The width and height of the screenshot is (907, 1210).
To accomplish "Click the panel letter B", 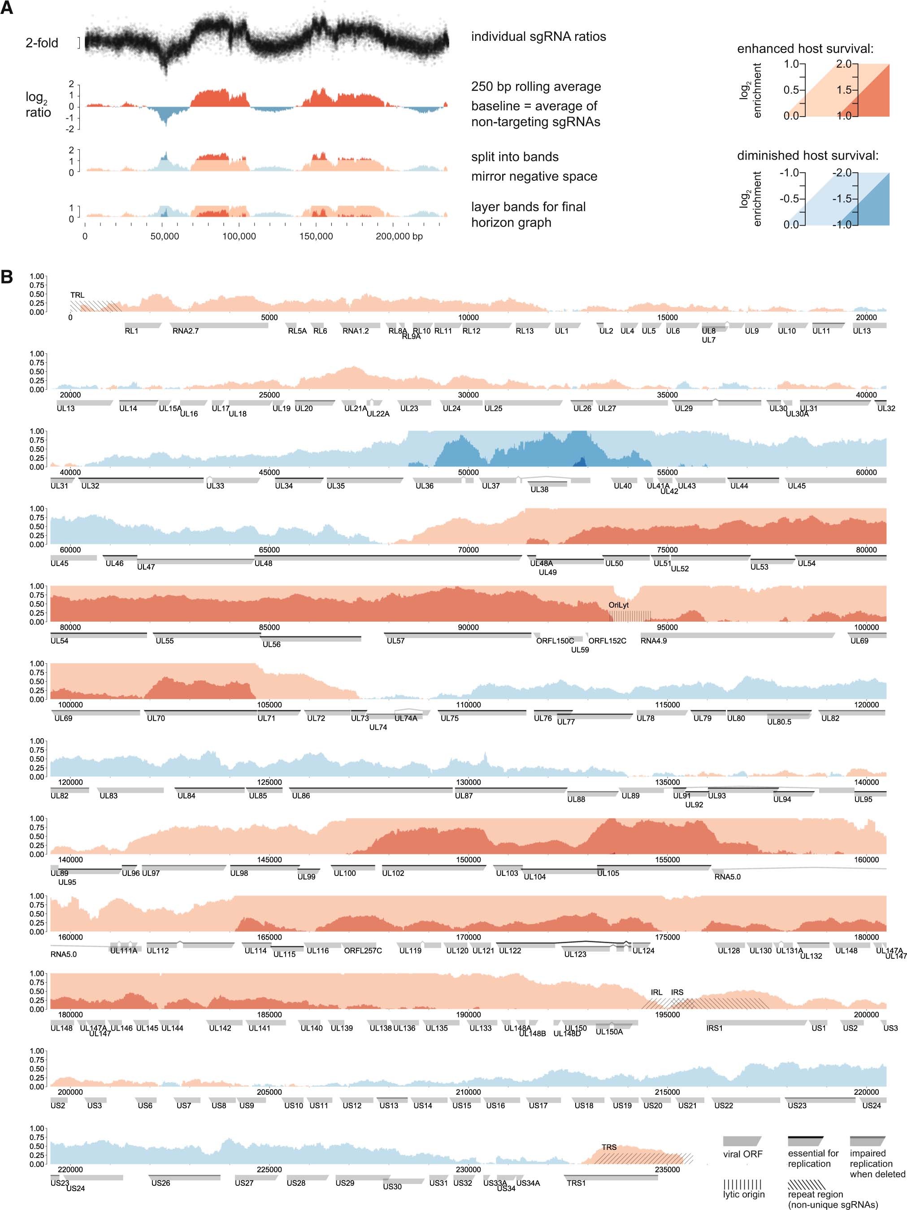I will (x=7, y=276).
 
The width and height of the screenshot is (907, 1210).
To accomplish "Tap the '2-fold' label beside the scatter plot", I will (x=42, y=43).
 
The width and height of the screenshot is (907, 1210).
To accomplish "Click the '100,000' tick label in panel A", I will (x=239, y=237).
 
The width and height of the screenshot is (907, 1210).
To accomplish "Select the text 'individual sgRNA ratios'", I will (x=538, y=37).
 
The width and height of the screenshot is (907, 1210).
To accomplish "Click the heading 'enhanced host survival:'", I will (x=805, y=49).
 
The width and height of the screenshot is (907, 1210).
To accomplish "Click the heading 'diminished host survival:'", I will (x=807, y=155).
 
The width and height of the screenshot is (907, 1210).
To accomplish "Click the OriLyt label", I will (x=618, y=605).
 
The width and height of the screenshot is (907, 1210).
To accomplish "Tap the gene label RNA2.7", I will (x=185, y=331).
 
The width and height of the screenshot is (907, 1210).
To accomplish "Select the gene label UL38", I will (x=539, y=490).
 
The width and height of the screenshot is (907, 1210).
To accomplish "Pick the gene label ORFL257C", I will (x=362, y=951).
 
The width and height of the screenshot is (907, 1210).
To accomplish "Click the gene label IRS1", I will (x=714, y=1028).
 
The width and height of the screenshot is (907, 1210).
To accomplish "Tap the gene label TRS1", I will (x=576, y=1183).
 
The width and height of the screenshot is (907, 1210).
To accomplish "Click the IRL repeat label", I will (x=656, y=992).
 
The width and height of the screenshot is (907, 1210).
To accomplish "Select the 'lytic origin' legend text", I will (x=743, y=1195).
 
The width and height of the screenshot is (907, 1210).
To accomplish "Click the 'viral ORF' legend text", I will (x=742, y=1154).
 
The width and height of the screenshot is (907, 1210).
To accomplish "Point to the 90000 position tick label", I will (x=468, y=627).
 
